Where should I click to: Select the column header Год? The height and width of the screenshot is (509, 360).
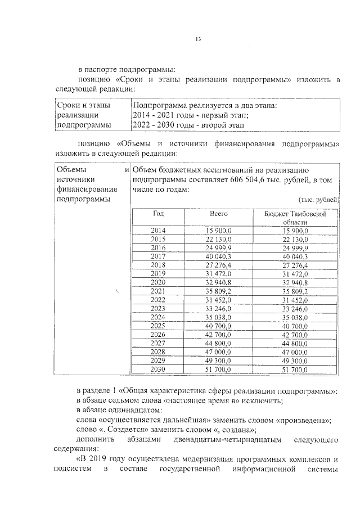[158, 214]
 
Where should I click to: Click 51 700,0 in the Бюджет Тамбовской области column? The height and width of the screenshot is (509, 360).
[295, 370]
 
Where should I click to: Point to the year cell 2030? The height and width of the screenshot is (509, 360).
[158, 370]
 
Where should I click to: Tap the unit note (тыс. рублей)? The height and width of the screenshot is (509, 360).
[318, 200]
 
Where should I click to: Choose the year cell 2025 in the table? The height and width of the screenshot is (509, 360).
[158, 326]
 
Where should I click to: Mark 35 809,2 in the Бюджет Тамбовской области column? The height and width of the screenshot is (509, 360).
[295, 291]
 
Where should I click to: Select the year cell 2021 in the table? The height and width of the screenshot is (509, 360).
[158, 291]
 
